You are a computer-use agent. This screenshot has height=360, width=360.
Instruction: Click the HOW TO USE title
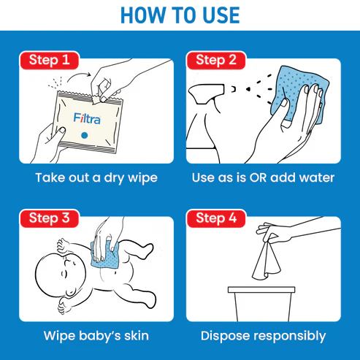[180, 15]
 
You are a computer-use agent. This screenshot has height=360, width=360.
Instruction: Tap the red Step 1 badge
[50, 60]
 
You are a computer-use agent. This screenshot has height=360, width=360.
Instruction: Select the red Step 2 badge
[216, 60]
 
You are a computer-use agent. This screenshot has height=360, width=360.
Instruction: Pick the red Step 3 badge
[50, 218]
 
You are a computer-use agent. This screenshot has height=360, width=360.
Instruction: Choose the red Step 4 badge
[216, 218]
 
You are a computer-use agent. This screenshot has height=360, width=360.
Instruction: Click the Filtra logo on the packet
[87, 118]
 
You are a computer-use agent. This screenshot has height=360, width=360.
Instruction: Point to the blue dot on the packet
[85, 135]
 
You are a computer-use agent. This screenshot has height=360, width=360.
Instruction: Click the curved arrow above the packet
[78, 76]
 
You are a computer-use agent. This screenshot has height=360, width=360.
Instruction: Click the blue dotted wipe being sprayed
[299, 93]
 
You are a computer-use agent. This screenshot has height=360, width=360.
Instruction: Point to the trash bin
[261, 304]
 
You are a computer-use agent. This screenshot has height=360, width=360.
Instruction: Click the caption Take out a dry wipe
[96, 178]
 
